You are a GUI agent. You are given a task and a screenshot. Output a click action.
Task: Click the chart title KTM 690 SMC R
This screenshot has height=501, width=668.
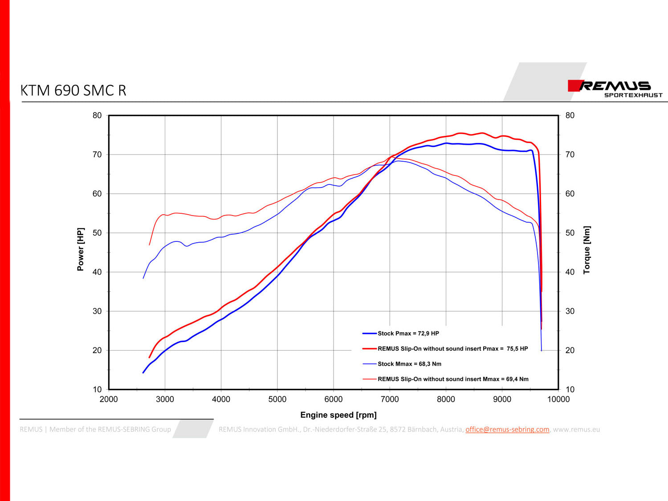click(74, 90)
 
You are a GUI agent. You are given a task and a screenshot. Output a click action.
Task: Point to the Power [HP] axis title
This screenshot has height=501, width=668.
click(81, 249)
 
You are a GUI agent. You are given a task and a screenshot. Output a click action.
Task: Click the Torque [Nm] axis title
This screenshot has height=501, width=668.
click(587, 250)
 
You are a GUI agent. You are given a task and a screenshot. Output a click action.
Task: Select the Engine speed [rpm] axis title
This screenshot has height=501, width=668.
click(338, 415)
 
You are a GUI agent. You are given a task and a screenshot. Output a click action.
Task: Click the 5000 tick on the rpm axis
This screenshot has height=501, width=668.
click(277, 399)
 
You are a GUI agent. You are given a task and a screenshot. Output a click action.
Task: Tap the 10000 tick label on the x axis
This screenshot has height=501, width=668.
click(558, 399)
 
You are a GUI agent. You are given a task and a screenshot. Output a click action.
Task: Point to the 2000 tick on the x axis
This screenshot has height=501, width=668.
click(109, 399)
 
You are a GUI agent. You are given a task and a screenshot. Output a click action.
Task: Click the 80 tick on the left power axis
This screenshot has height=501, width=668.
click(97, 116)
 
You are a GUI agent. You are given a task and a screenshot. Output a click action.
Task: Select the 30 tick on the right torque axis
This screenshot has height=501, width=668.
click(570, 311)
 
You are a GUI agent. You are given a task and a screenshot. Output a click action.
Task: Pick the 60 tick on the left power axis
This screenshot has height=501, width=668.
click(97, 194)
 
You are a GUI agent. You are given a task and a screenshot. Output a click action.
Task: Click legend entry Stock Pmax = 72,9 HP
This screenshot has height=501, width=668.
click(408, 334)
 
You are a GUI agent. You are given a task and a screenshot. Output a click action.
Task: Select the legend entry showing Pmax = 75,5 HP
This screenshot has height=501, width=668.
click(452, 349)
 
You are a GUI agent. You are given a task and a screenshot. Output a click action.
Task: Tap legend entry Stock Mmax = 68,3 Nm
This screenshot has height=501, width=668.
click(409, 364)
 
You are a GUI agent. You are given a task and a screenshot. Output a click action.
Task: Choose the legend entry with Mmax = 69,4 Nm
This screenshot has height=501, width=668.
click(453, 379)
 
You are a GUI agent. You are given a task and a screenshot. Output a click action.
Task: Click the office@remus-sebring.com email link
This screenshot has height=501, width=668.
click(507, 429)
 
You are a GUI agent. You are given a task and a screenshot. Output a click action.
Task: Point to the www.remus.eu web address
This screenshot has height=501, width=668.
click(576, 429)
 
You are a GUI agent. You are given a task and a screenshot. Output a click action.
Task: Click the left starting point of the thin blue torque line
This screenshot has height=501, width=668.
click(143, 278)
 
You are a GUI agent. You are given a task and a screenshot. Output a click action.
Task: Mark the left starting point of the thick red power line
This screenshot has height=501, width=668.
click(149, 357)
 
